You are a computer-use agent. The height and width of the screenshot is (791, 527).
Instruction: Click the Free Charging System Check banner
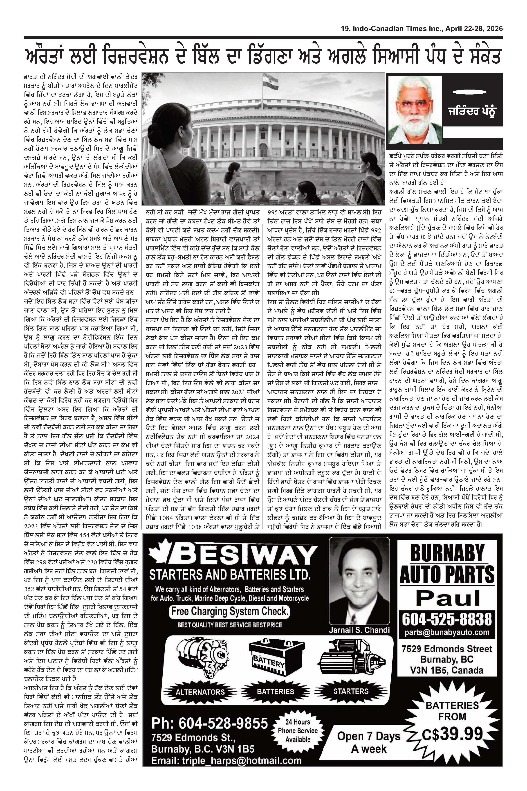point(229,611)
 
